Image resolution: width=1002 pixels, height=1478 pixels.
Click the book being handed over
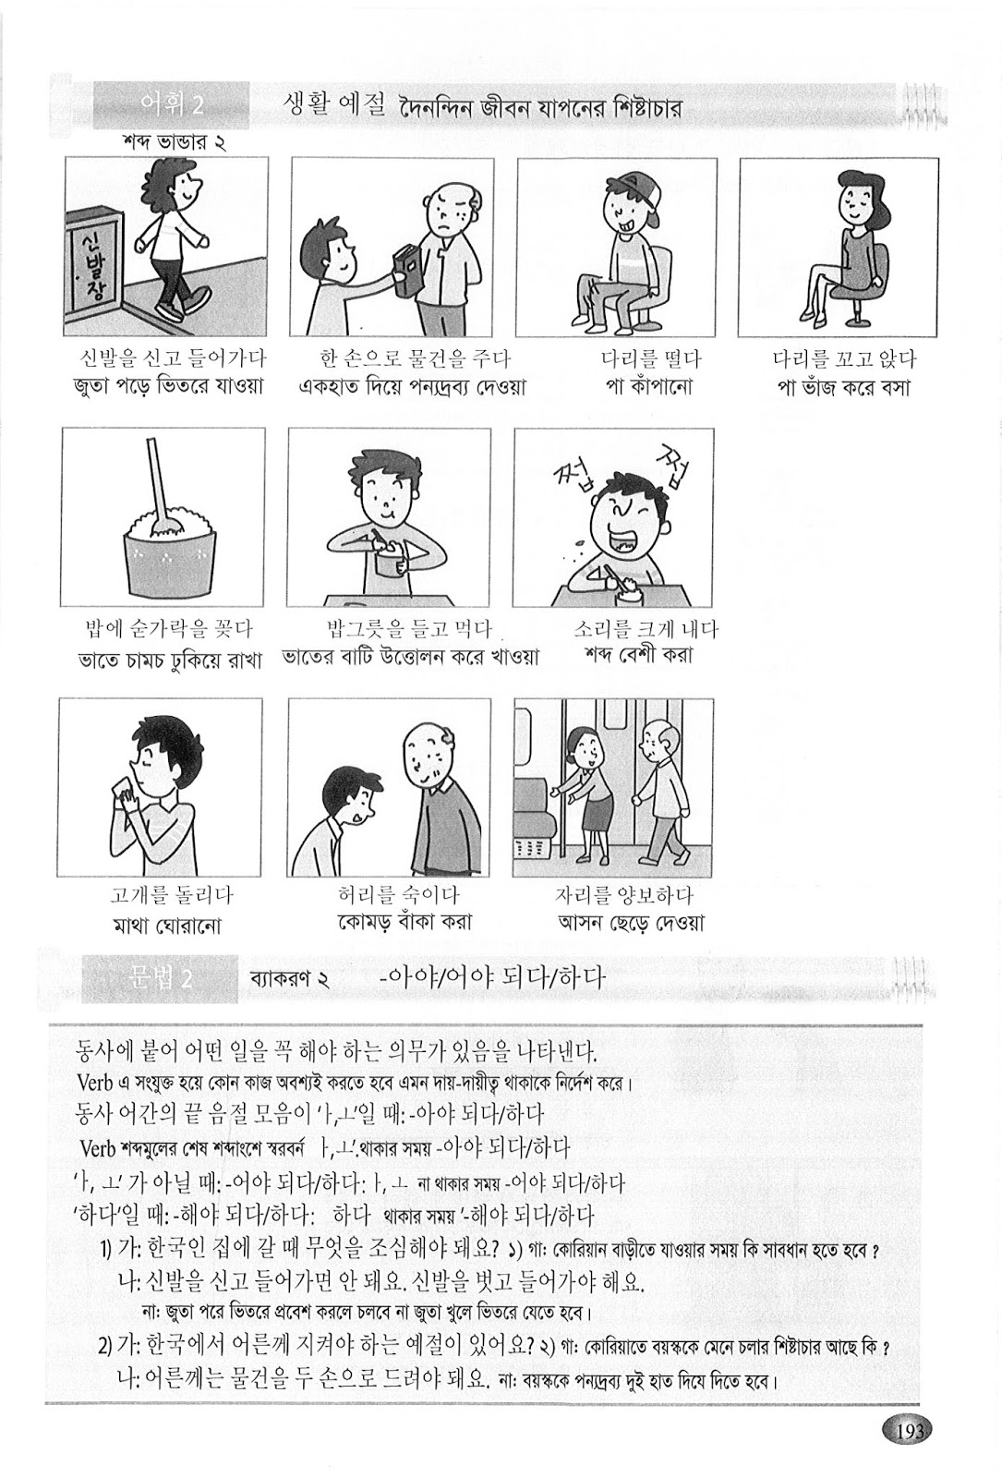pyautogui.click(x=404, y=270)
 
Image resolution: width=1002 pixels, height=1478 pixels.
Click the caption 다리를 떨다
pyautogui.click(x=650, y=359)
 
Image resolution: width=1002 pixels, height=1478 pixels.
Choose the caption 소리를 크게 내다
pyautogui.click(x=645, y=630)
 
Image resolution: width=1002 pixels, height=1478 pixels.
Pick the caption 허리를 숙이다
pyautogui.click(x=398, y=895)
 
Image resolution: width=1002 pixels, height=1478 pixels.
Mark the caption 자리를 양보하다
pyautogui.click(x=623, y=895)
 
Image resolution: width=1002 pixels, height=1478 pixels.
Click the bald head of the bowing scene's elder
pyautogui.click(x=425, y=739)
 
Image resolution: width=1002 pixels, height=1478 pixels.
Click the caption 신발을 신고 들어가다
pyautogui.click(x=173, y=359)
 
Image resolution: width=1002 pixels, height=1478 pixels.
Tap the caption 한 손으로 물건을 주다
pyautogui.click(x=413, y=359)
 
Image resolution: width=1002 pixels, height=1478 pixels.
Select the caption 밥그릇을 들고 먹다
pyautogui.click(x=406, y=630)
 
